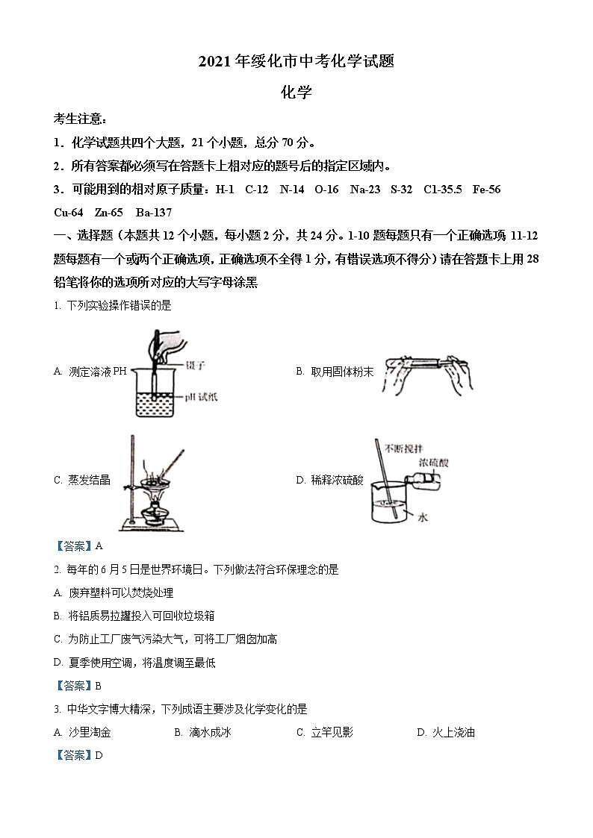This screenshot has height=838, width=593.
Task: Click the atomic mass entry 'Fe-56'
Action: (486, 190)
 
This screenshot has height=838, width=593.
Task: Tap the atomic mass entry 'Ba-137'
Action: (153, 212)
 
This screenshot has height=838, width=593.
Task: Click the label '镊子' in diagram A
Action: (196, 366)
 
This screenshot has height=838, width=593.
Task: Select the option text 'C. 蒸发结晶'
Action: (82, 480)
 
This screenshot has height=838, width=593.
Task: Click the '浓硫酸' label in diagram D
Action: (433, 463)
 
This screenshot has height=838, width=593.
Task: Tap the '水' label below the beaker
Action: (422, 517)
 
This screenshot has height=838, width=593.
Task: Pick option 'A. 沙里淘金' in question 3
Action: (82, 732)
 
